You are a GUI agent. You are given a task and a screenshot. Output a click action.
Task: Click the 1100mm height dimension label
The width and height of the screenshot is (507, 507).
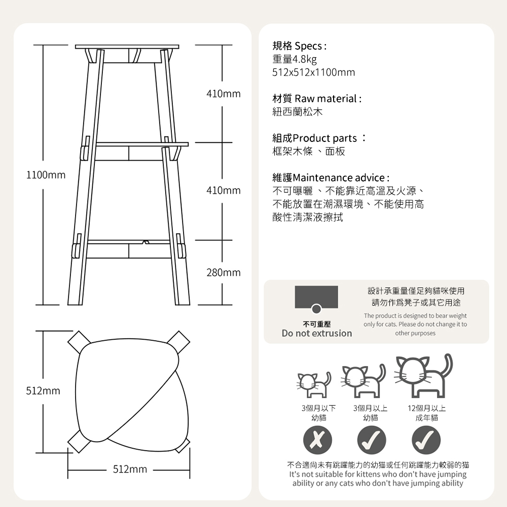46,175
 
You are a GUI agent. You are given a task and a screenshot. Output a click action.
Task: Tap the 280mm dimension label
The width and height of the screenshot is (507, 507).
224,273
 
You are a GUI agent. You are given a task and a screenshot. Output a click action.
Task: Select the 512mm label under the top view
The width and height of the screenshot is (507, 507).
130,469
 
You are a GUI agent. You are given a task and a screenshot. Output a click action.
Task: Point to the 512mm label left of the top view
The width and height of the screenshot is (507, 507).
43,390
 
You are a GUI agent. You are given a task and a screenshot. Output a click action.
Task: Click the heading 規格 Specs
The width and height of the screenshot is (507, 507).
300,46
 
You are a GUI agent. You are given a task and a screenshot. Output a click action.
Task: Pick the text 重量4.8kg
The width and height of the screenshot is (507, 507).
295,59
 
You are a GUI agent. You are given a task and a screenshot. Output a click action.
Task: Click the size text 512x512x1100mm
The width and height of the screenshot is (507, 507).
314,72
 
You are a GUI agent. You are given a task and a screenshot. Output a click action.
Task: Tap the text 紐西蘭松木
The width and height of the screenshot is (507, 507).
298,112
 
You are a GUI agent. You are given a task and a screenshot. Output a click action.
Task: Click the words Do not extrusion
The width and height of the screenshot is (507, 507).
317,333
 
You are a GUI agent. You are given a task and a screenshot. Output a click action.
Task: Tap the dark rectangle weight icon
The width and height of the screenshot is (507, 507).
316,297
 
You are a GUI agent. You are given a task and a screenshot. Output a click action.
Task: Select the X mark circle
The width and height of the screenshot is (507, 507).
317,440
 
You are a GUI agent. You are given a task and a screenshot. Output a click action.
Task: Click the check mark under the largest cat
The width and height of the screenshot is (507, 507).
426,440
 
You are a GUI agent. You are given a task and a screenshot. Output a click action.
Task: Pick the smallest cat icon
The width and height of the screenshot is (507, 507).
314,385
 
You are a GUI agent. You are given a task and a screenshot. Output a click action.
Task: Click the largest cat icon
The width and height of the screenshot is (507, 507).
423,376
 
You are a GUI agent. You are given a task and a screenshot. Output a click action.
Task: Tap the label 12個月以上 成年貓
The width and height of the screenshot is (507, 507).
427,413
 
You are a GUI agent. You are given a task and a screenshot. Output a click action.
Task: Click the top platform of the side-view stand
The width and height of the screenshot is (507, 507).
127,47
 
